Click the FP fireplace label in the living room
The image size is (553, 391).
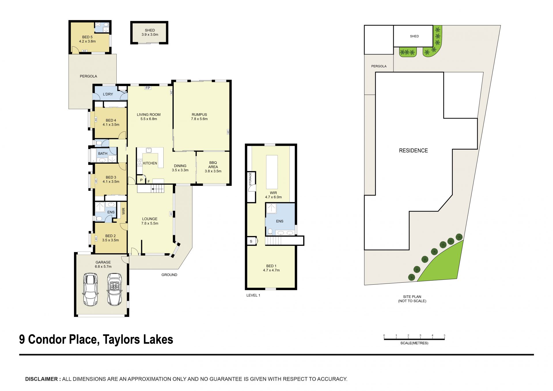[x=148, y=88]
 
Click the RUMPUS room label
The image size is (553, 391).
[x=199, y=114]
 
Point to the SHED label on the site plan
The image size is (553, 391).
[x=414, y=36]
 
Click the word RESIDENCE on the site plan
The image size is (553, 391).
[x=413, y=150]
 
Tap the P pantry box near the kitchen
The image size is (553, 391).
[x=141, y=180]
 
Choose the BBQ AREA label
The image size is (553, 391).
[x=213, y=165]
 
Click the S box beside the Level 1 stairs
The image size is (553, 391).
[x=251, y=241]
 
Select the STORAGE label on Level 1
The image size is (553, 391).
[x=250, y=179]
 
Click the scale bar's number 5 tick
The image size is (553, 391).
[x=444, y=336]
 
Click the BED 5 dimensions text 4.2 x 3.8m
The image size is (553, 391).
[x=87, y=41]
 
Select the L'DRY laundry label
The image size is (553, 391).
[x=108, y=94]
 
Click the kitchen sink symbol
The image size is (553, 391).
[x=149, y=150]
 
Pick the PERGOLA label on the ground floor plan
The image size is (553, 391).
[x=88, y=76]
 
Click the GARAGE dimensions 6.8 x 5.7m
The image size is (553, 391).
[x=103, y=267]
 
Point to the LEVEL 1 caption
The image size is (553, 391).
[x=253, y=295]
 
